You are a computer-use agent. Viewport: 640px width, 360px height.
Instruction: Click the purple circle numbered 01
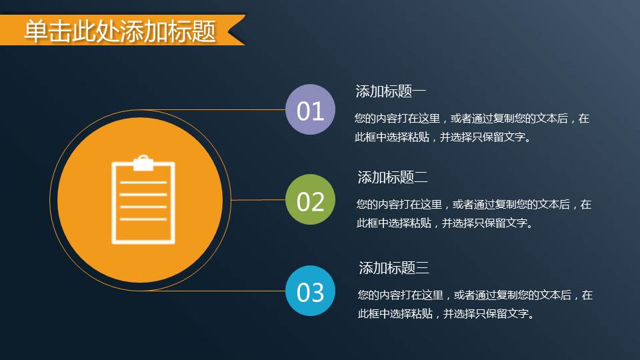tap(309, 110)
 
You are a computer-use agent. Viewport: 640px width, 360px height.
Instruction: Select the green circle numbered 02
tap(309, 200)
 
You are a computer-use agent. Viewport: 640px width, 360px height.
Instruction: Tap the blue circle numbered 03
tap(309, 291)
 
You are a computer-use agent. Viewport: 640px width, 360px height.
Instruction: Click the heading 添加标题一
tap(391, 91)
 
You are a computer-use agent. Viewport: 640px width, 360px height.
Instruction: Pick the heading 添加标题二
tap(393, 177)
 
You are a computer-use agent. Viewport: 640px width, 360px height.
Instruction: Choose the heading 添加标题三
tap(394, 268)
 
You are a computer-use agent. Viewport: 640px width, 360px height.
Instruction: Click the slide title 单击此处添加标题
tap(120, 31)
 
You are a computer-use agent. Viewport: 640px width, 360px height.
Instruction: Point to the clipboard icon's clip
tap(143, 163)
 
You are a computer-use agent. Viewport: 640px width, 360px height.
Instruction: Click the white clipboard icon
tap(143, 200)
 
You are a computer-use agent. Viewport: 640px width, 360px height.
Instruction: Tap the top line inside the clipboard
tap(143, 182)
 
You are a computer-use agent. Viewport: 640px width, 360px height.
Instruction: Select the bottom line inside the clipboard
tap(143, 219)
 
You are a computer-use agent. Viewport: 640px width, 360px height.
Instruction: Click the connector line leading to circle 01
tap(220, 110)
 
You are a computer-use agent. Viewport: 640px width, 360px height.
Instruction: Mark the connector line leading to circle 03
tap(227, 291)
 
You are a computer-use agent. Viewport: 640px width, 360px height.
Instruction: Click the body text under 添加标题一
tap(472, 129)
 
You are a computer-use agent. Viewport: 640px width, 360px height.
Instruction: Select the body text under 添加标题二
tap(473, 214)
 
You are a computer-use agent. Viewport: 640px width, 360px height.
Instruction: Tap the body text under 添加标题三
tap(475, 304)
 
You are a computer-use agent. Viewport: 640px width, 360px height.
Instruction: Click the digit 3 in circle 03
tap(317, 292)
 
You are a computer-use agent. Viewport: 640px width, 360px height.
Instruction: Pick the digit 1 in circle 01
tap(318, 111)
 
